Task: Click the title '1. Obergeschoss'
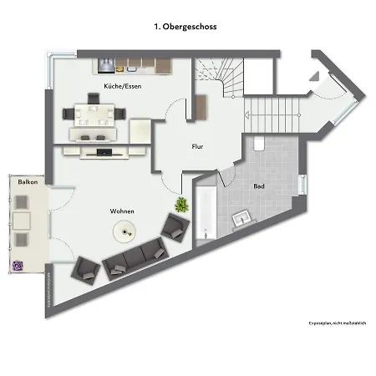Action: click(x=185, y=27)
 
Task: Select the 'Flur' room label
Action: click(x=198, y=146)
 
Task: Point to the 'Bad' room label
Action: click(x=259, y=185)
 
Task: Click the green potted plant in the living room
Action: click(x=180, y=204)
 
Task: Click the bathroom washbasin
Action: click(x=243, y=219)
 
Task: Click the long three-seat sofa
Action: click(x=135, y=257)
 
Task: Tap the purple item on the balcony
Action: click(x=18, y=266)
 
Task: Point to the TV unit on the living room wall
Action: click(x=103, y=152)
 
